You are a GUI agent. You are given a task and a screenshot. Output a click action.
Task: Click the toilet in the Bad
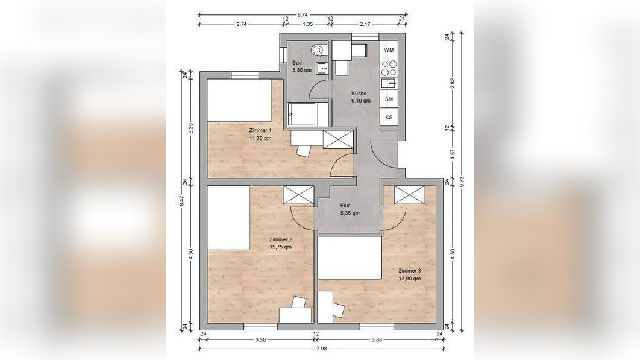319,50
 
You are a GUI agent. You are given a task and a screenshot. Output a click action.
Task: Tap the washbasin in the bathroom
322,68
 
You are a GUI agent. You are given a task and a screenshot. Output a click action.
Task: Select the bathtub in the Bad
308,115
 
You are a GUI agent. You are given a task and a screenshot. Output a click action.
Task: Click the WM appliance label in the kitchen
389,50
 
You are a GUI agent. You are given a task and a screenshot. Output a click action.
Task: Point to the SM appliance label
389,99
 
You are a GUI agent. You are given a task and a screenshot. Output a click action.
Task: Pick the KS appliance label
389,117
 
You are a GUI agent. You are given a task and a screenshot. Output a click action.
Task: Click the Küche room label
359,93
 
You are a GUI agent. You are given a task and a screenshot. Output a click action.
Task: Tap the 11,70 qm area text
260,138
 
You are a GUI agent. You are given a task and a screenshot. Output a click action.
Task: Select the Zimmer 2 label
280,239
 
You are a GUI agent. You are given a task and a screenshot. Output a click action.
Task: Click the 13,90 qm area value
410,278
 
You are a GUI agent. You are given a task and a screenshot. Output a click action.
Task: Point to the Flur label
345,206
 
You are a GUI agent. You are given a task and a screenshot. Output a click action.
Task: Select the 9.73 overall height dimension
462,183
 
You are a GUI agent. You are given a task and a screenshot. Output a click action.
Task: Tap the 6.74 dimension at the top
303,14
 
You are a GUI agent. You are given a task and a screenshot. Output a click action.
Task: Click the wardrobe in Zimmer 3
410,194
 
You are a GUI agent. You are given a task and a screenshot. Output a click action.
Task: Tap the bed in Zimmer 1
240,101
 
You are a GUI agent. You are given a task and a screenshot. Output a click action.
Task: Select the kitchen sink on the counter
389,83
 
